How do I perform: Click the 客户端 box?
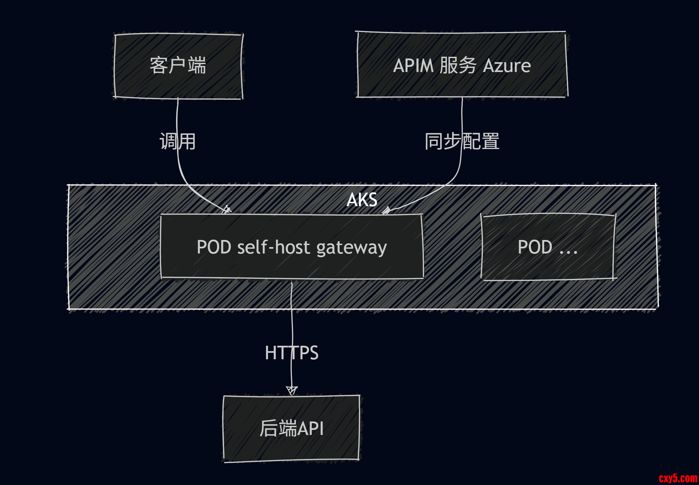(178, 66)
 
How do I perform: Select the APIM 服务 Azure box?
(462, 65)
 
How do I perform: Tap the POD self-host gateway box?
(292, 247)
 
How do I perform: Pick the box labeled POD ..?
(548, 247)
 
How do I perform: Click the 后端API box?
(291, 428)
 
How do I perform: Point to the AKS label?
(362, 200)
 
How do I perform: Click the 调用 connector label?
(178, 141)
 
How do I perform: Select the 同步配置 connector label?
(462, 141)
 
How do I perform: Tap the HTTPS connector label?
(292, 353)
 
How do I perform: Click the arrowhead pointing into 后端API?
(292, 391)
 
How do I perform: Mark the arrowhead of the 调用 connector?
(227, 210)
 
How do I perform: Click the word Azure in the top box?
(507, 66)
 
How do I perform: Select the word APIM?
(414, 66)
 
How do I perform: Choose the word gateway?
(351, 248)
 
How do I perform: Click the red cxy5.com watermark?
(678, 478)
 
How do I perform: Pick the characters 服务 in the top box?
(458, 65)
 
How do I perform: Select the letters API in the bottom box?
(310, 429)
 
